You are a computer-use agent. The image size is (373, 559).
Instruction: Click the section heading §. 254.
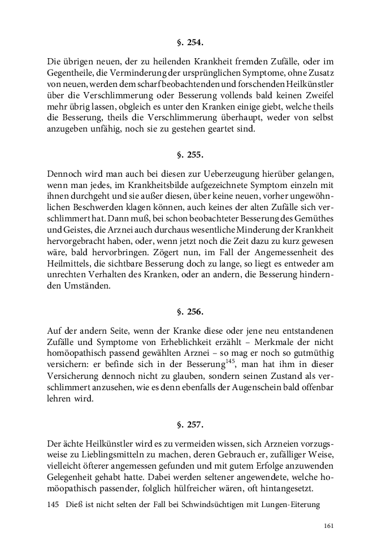[x=186, y=42]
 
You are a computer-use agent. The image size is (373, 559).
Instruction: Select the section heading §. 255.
[x=186, y=154]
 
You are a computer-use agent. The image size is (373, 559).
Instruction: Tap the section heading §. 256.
[x=186, y=311]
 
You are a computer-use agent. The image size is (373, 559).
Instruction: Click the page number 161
[x=330, y=526]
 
